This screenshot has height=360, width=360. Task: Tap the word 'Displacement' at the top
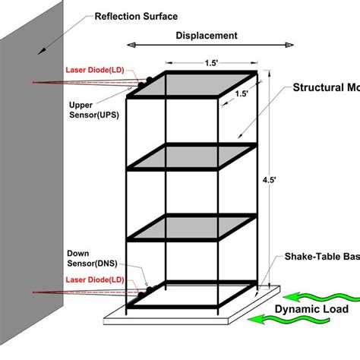[207, 36]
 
